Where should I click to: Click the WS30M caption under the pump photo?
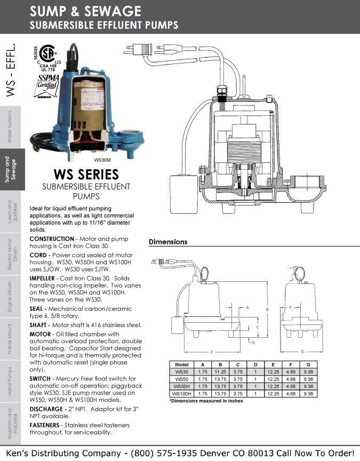click(x=102, y=160)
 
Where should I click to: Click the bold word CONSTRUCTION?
click(x=52, y=239)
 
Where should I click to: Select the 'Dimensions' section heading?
click(x=168, y=242)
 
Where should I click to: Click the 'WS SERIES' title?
click(x=86, y=174)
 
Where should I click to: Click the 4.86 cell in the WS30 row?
click(x=290, y=372)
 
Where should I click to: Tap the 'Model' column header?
click(x=181, y=365)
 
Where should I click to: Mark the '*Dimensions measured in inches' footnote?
click(x=206, y=400)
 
